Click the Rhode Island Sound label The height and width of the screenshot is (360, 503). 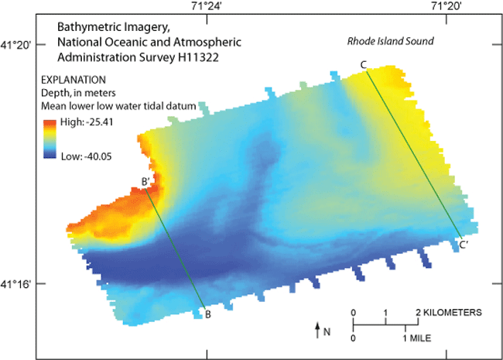click(x=389, y=41)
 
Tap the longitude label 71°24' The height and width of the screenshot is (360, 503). click(x=206, y=7)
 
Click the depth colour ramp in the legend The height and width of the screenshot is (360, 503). click(x=48, y=140)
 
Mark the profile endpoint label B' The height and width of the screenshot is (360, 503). click(x=145, y=183)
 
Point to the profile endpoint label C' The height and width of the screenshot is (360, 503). click(x=463, y=245)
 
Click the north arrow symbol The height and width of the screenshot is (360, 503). click(x=317, y=331)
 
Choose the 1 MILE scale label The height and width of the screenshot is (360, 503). click(x=417, y=339)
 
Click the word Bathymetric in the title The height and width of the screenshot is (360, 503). click(x=87, y=26)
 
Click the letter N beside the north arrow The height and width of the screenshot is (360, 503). click(x=327, y=332)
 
